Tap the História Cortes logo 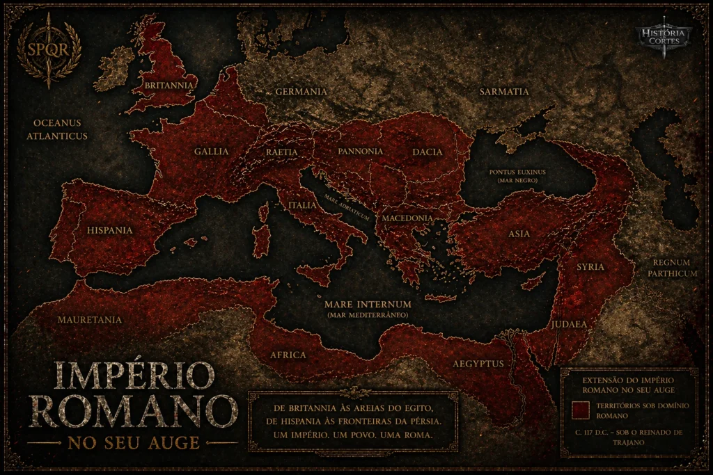point(664,35)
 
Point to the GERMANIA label point(301,92)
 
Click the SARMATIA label point(504,92)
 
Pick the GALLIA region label point(212,151)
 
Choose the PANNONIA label point(360,151)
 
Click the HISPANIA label point(110,230)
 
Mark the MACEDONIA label point(407,218)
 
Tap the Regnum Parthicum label point(672,268)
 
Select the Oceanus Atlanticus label point(57,129)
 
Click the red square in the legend point(579,410)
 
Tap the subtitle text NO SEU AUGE point(133,442)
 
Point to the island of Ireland point(113,68)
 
